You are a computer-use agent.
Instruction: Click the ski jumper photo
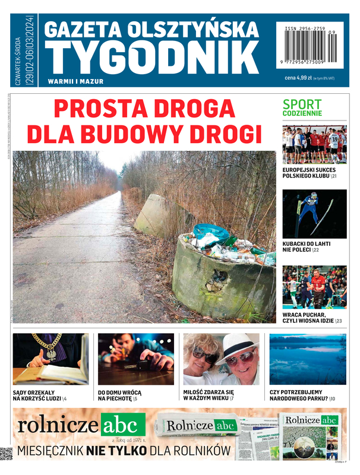click(x=314, y=214)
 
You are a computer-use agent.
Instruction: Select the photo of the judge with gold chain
click(x=50, y=359)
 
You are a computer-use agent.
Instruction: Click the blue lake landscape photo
click(x=308, y=359)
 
